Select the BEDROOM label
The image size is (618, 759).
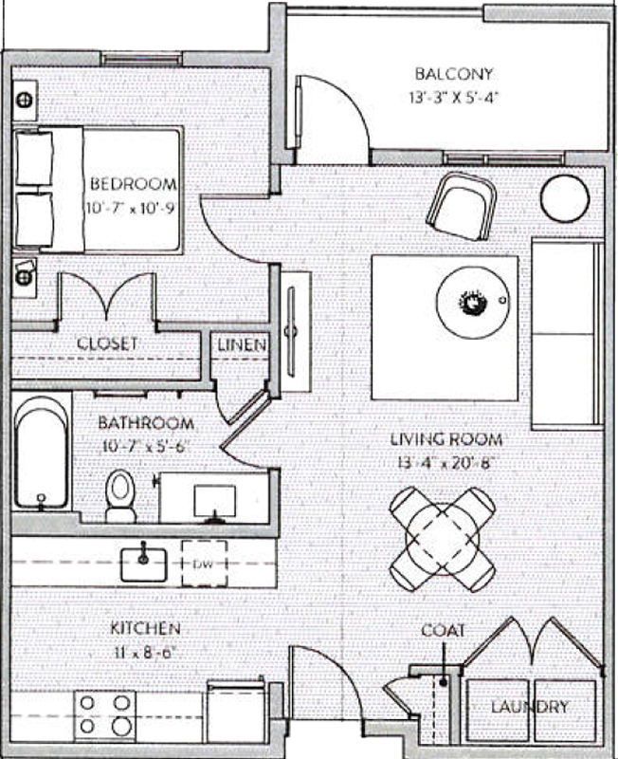133,184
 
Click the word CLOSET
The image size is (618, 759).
107,343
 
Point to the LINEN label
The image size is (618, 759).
242,344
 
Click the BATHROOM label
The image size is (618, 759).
147,423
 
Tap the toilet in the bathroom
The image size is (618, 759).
120,495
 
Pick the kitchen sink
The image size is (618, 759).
144,562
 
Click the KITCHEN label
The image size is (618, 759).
145,628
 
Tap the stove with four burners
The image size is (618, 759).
104,713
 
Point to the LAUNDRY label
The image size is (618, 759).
530,707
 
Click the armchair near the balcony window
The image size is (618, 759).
463,204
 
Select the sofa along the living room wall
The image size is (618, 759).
568,333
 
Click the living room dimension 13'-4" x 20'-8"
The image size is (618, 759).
446,463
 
